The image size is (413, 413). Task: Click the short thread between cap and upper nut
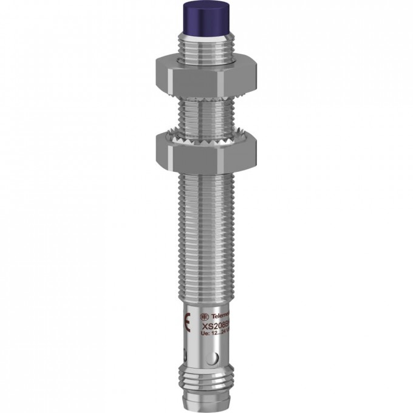coord(205,40)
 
